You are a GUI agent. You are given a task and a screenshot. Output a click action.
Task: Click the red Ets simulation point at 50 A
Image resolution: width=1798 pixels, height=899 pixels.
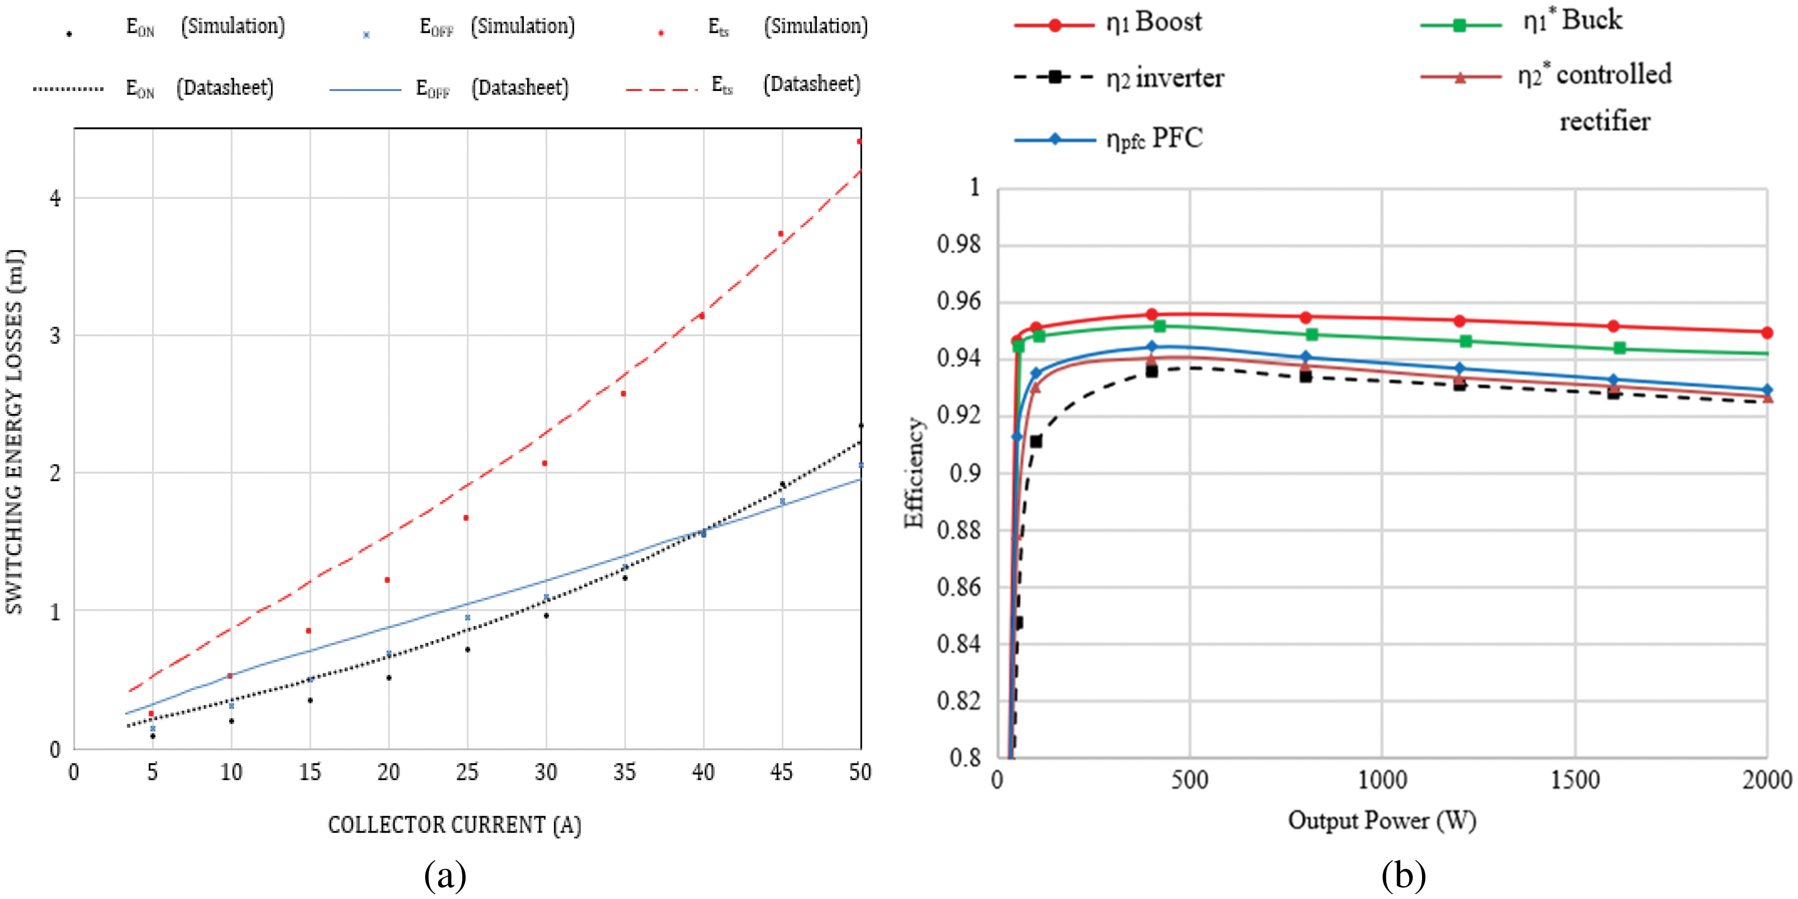click(859, 141)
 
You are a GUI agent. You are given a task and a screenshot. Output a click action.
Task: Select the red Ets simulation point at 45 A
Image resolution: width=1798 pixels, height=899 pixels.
click(781, 234)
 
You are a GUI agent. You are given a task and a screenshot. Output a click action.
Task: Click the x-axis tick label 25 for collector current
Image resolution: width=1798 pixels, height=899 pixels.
click(467, 772)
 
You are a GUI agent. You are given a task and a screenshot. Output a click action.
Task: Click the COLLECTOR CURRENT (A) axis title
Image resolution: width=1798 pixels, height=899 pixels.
click(454, 825)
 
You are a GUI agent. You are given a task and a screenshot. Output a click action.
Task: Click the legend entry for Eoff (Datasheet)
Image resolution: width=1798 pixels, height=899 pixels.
click(449, 89)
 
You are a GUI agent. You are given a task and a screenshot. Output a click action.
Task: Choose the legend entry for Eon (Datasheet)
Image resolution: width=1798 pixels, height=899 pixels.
click(154, 89)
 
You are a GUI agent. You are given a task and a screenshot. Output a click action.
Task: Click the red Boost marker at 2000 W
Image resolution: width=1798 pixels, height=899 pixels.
click(1767, 333)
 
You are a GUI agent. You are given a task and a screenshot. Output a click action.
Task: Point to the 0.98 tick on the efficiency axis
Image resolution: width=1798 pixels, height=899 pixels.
click(958, 245)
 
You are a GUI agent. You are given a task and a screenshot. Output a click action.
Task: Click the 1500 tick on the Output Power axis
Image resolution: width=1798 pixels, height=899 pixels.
click(1575, 780)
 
